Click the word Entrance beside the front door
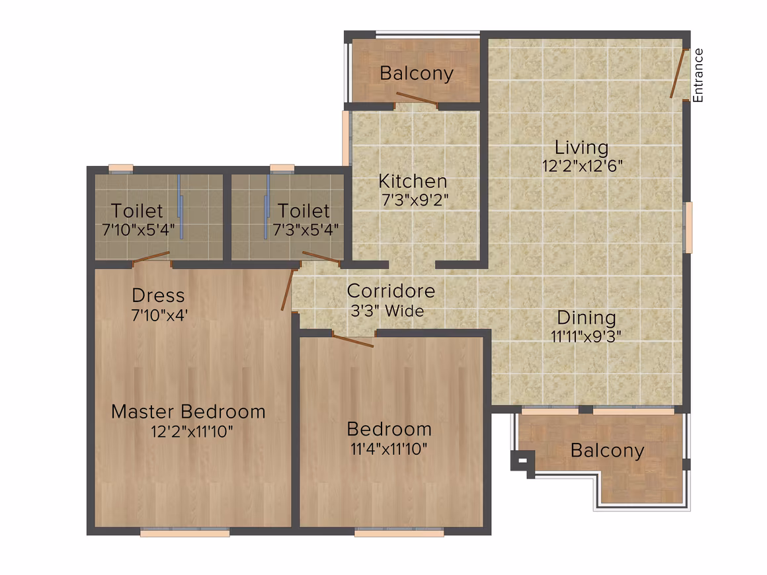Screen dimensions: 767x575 tap(698, 75)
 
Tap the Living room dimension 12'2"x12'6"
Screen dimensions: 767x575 tap(582, 167)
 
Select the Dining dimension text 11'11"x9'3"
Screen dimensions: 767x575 tap(586, 336)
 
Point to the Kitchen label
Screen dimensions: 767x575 tap(413, 181)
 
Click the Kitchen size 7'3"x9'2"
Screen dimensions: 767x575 tap(415, 200)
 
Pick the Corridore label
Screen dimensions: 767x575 tap(391, 291)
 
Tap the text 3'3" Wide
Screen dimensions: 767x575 tap(387, 311)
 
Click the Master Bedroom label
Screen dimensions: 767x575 tap(188, 412)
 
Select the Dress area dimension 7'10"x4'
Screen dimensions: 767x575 tap(159, 315)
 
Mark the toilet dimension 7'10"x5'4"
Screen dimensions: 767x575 tap(138, 230)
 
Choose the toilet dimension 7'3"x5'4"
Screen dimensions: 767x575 tap(305, 230)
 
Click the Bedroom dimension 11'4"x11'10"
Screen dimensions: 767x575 tap(389, 449)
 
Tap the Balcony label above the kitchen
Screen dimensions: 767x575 tap(417, 73)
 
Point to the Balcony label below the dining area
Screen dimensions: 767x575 tap(608, 450)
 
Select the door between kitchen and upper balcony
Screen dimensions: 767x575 tap(417, 98)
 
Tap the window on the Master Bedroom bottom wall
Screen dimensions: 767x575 tap(185, 533)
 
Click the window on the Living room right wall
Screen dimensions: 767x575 tap(688, 227)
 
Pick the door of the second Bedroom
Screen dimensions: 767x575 tap(352, 340)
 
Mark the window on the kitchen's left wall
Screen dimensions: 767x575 tap(346, 138)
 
